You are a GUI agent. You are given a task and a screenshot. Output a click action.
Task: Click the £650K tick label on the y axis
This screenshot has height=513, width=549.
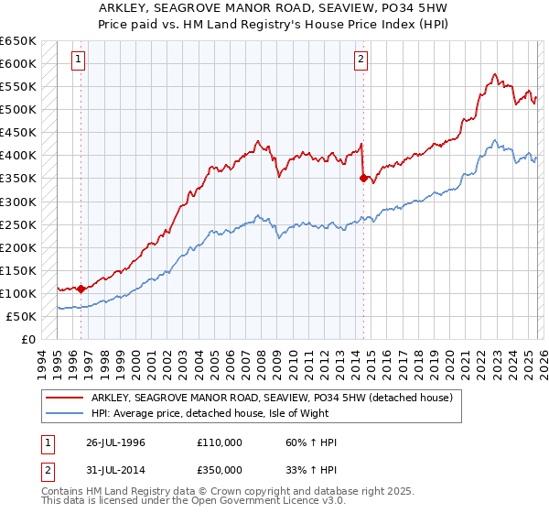[x=18, y=41]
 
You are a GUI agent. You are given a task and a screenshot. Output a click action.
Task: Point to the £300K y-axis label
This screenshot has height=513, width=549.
[x=18, y=202]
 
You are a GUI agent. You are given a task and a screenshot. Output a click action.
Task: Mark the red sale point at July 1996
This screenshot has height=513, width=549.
[x=81, y=289]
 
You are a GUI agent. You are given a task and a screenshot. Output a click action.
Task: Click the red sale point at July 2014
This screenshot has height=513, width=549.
[x=363, y=179]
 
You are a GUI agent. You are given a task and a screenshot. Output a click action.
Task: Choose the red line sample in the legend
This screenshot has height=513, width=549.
[x=65, y=398]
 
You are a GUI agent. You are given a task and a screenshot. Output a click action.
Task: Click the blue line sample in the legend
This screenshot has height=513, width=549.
[x=65, y=413]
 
